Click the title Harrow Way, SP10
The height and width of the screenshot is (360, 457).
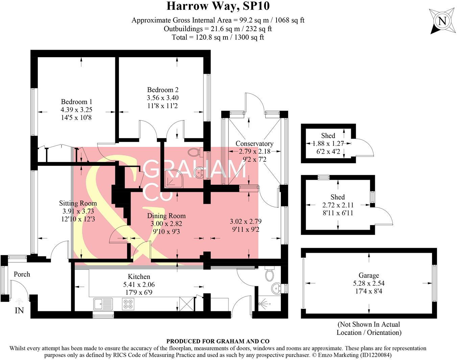(x=218, y=6)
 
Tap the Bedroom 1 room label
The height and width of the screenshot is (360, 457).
(x=76, y=102)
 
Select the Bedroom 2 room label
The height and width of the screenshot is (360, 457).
(x=163, y=90)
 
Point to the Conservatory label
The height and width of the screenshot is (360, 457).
(x=254, y=143)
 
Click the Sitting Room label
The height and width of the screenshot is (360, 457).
(x=78, y=203)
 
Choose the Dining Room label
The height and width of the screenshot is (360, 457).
(x=166, y=216)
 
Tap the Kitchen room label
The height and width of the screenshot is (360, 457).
(x=139, y=277)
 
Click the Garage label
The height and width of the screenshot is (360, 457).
(x=368, y=275)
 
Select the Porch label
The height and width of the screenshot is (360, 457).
(x=22, y=274)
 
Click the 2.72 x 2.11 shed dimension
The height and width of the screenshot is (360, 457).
(x=337, y=205)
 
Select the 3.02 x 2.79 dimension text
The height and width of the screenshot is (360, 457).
(x=246, y=222)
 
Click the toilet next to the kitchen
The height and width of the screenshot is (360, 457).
(x=269, y=274)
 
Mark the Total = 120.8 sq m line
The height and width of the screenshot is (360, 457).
(x=218, y=37)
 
